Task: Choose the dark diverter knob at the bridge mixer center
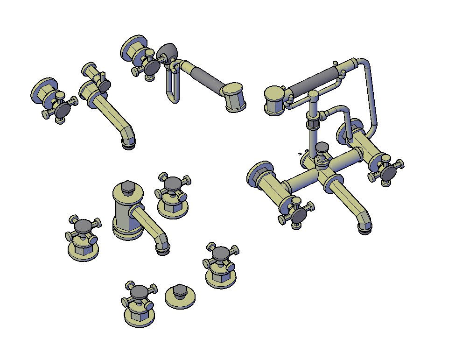[x=322, y=148]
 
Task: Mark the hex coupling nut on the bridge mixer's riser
[x=312, y=125]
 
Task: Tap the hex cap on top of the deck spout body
[x=127, y=187]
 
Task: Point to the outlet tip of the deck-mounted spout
[x=162, y=251]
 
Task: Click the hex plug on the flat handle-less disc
[x=179, y=291]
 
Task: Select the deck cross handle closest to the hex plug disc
[x=139, y=293]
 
